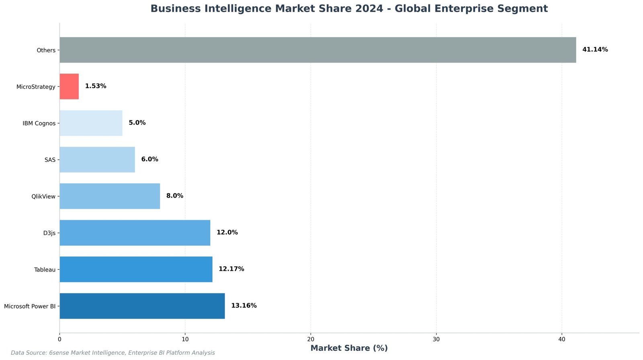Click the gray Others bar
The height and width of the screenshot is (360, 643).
(317, 50)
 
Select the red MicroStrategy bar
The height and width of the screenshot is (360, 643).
(69, 86)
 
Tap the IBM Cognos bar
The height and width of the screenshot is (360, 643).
(91, 123)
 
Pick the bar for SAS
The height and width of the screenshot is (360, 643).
(97, 160)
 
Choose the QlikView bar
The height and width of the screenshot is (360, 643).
(110, 196)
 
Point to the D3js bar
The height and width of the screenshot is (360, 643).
(135, 233)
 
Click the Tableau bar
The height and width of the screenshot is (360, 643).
(136, 269)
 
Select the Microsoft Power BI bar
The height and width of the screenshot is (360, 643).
(142, 306)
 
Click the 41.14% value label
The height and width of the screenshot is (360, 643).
(595, 50)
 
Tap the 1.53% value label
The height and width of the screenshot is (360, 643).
(96, 86)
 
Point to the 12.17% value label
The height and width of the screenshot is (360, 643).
(231, 269)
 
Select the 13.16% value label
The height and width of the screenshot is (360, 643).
(244, 306)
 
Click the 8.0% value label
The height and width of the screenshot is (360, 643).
(175, 196)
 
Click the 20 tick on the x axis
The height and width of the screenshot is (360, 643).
(311, 340)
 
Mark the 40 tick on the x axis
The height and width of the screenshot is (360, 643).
(562, 340)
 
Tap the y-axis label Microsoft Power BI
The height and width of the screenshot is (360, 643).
(30, 307)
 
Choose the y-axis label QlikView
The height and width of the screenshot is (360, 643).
(43, 197)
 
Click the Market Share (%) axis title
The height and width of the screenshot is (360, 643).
(349, 348)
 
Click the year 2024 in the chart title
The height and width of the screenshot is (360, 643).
(369, 8)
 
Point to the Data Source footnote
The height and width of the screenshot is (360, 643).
(113, 353)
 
